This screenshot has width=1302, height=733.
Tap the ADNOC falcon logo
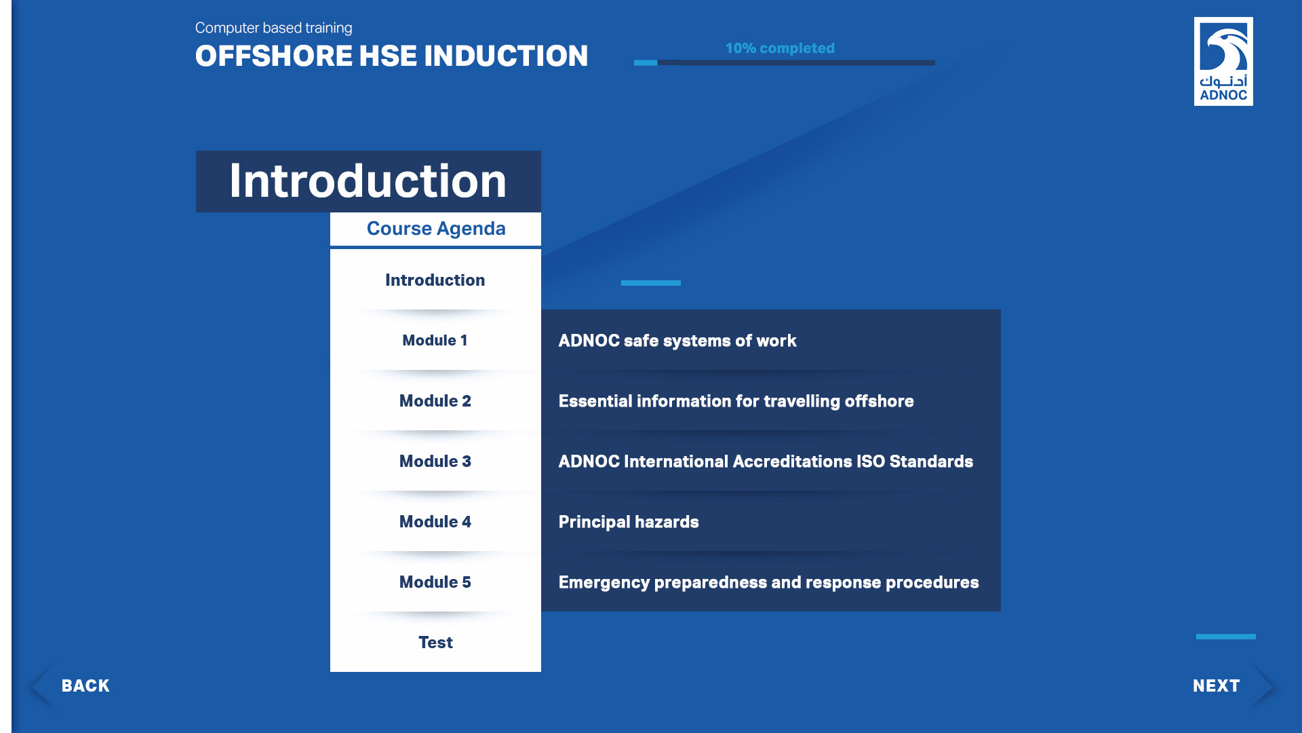tap(1223, 61)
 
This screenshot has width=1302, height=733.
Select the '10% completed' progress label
tap(780, 48)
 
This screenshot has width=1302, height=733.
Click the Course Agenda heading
tap(436, 229)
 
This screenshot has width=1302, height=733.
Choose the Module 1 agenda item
tap(435, 340)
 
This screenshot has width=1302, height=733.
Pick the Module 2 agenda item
tap(435, 400)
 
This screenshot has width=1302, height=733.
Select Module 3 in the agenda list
tap(435, 461)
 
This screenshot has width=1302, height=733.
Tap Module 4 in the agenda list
tap(435, 521)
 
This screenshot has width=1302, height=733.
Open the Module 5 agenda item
tap(435, 582)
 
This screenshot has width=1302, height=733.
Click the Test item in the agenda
tap(435, 642)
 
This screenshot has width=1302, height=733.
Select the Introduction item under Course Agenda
tap(435, 280)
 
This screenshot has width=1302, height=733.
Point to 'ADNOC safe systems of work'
tap(677, 341)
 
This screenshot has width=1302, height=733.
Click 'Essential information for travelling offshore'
tap(736, 401)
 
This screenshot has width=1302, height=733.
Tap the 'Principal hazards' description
tap(629, 522)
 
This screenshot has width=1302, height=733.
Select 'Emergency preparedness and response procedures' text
tap(768, 582)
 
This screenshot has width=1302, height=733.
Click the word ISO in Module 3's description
tap(871, 462)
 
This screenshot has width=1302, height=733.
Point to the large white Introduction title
tap(368, 181)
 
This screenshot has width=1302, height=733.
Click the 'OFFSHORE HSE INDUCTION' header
tap(391, 56)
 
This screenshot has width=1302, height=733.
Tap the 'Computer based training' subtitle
tap(273, 28)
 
